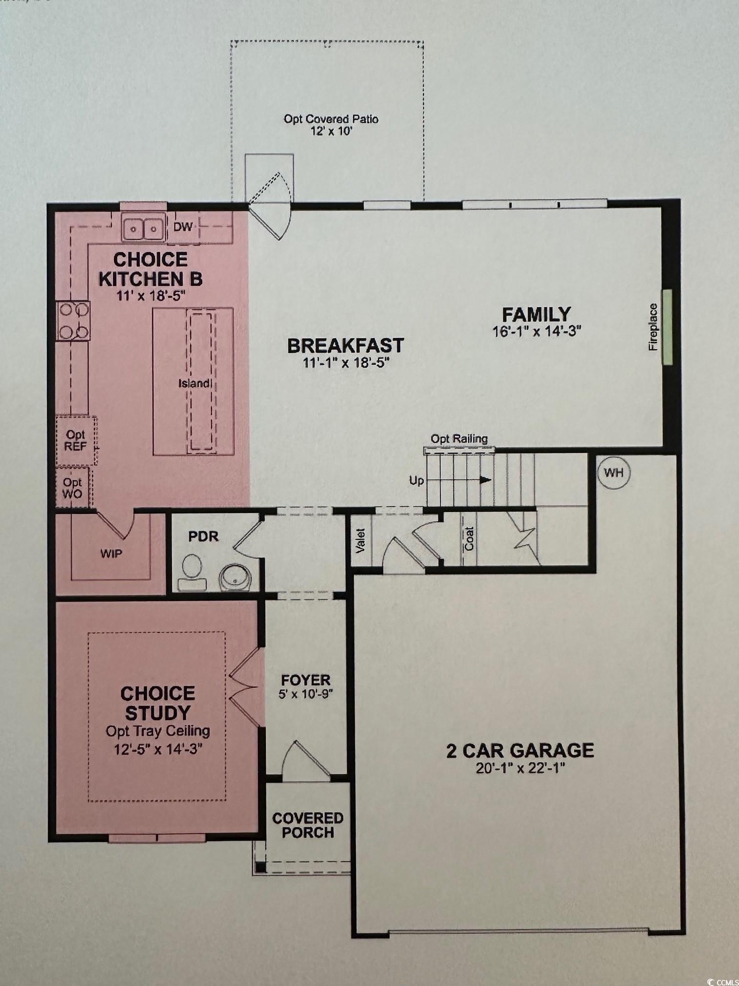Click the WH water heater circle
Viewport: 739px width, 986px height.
point(614,473)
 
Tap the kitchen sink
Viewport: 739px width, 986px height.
point(143,227)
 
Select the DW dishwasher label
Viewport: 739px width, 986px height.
point(183,227)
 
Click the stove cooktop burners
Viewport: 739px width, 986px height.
point(73,321)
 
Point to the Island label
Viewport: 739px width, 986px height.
point(195,383)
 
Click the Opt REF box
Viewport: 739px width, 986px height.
point(76,441)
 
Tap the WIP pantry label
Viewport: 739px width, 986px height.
point(111,554)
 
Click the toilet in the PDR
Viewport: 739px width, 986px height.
point(192,573)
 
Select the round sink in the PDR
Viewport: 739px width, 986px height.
point(235,578)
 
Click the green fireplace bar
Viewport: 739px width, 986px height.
point(667,327)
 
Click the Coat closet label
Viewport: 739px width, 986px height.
point(469,539)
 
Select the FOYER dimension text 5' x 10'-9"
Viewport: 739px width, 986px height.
point(306,694)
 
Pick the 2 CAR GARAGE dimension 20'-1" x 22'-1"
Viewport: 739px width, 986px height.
point(521,768)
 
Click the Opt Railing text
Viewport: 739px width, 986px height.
point(459,439)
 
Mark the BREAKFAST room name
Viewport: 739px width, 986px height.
point(346,346)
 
